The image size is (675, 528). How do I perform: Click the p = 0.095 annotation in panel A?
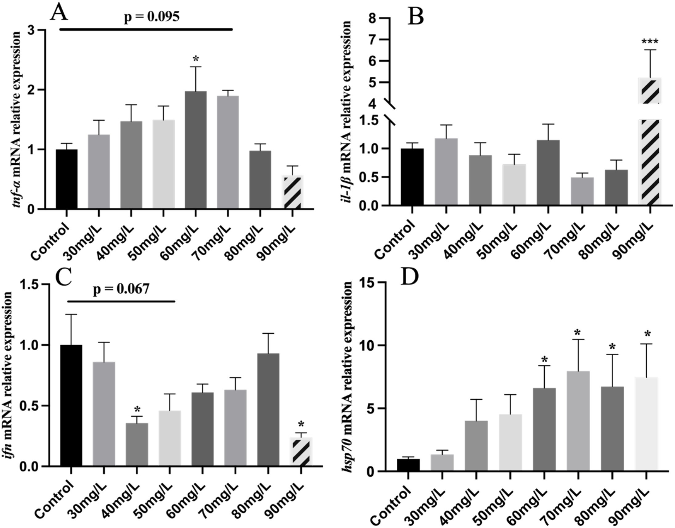151,17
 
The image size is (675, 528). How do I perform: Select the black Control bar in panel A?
67,179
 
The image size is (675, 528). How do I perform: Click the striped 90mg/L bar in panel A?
293,192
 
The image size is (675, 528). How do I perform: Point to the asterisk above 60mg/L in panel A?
195,59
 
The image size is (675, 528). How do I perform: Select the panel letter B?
415,17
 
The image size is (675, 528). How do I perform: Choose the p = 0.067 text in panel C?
121,289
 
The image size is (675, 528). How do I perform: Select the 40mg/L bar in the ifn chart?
136,444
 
